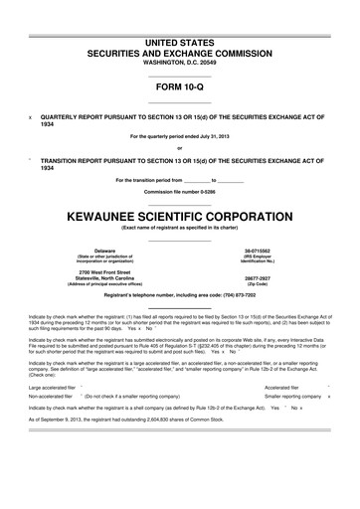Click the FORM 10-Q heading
[x=180, y=85]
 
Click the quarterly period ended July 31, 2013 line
[x=180, y=136]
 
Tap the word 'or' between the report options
[x=180, y=149]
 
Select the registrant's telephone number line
[x=180, y=298]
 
